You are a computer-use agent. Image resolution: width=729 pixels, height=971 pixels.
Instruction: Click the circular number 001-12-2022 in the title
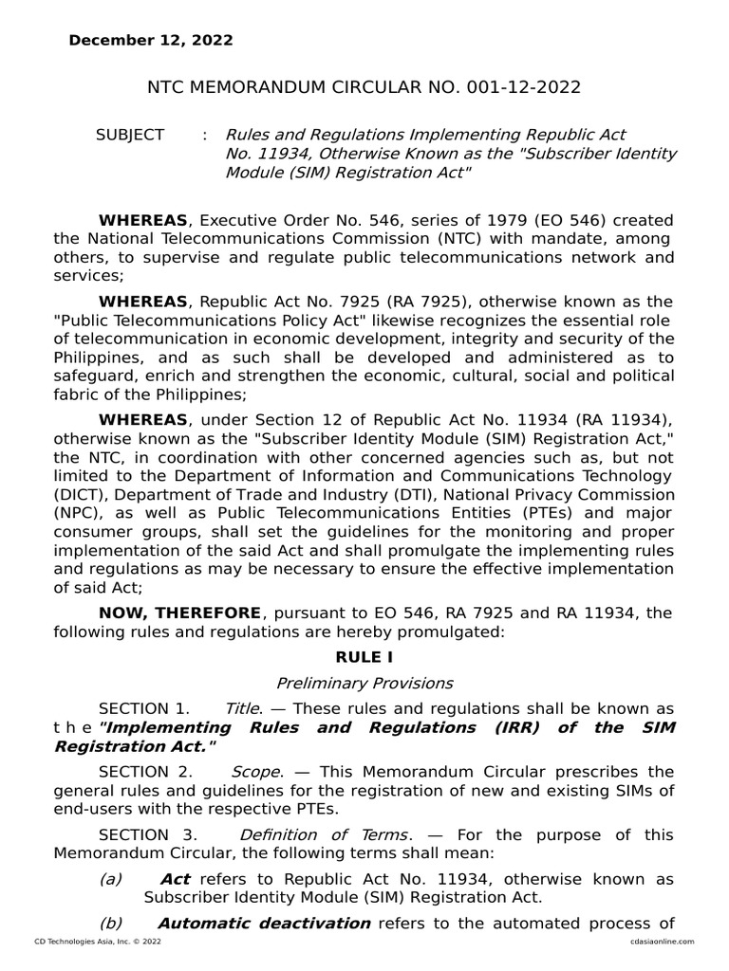point(523,87)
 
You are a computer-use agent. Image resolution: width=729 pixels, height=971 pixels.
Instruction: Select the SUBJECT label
point(130,135)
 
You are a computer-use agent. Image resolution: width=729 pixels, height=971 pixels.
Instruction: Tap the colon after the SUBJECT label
point(205,135)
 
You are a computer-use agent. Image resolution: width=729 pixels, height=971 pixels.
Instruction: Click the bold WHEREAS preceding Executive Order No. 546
point(144,220)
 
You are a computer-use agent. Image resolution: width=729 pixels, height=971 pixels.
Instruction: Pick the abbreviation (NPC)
point(78,513)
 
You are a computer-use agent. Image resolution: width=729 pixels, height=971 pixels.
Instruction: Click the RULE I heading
point(364,656)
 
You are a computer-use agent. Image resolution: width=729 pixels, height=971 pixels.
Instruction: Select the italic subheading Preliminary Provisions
point(364,683)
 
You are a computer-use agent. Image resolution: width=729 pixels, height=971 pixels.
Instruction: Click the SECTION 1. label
point(144,709)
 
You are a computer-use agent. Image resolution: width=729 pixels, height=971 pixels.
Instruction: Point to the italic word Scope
point(255,772)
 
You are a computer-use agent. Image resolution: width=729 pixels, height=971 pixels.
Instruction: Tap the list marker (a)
point(111,879)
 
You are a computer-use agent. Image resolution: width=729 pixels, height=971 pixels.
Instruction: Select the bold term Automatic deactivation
point(264,923)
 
